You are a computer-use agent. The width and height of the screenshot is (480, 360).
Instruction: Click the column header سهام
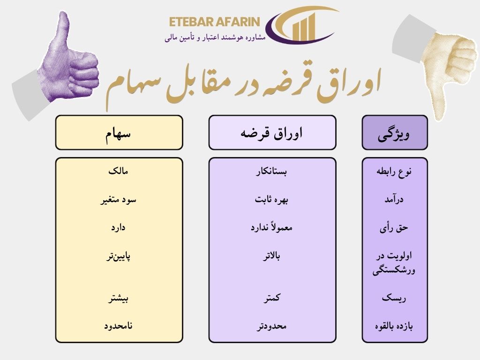pos(118,134)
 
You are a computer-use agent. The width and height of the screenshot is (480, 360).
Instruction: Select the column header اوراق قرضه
pos(271,134)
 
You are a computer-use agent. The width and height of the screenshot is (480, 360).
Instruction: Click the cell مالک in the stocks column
pos(118,171)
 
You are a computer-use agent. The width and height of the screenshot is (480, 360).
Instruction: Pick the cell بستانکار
pos(271,172)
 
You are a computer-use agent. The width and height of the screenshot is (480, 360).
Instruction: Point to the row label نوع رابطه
pos(394,172)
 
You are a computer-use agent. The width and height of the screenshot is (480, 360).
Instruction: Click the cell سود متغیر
pos(118,200)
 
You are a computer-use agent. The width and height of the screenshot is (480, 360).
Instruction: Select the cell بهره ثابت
pos(271,200)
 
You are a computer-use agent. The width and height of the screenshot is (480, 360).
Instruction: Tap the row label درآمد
pos(394,199)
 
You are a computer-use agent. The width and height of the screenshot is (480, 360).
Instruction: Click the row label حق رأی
pos(394,228)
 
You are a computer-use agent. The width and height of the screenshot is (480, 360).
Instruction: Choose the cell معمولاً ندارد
pos(271,227)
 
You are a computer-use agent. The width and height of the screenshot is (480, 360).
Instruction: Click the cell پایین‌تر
pos(118,256)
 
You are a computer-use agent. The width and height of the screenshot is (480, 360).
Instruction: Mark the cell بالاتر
pos(271,255)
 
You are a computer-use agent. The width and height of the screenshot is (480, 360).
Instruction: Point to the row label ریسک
pos(394,298)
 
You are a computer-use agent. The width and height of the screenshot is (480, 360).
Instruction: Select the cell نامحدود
pos(118,326)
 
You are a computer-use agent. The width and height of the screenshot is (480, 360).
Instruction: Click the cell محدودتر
pos(271,326)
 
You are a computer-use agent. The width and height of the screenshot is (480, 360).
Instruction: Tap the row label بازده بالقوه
pos(394,326)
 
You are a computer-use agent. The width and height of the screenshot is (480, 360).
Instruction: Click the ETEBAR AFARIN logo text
pos(214,22)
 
